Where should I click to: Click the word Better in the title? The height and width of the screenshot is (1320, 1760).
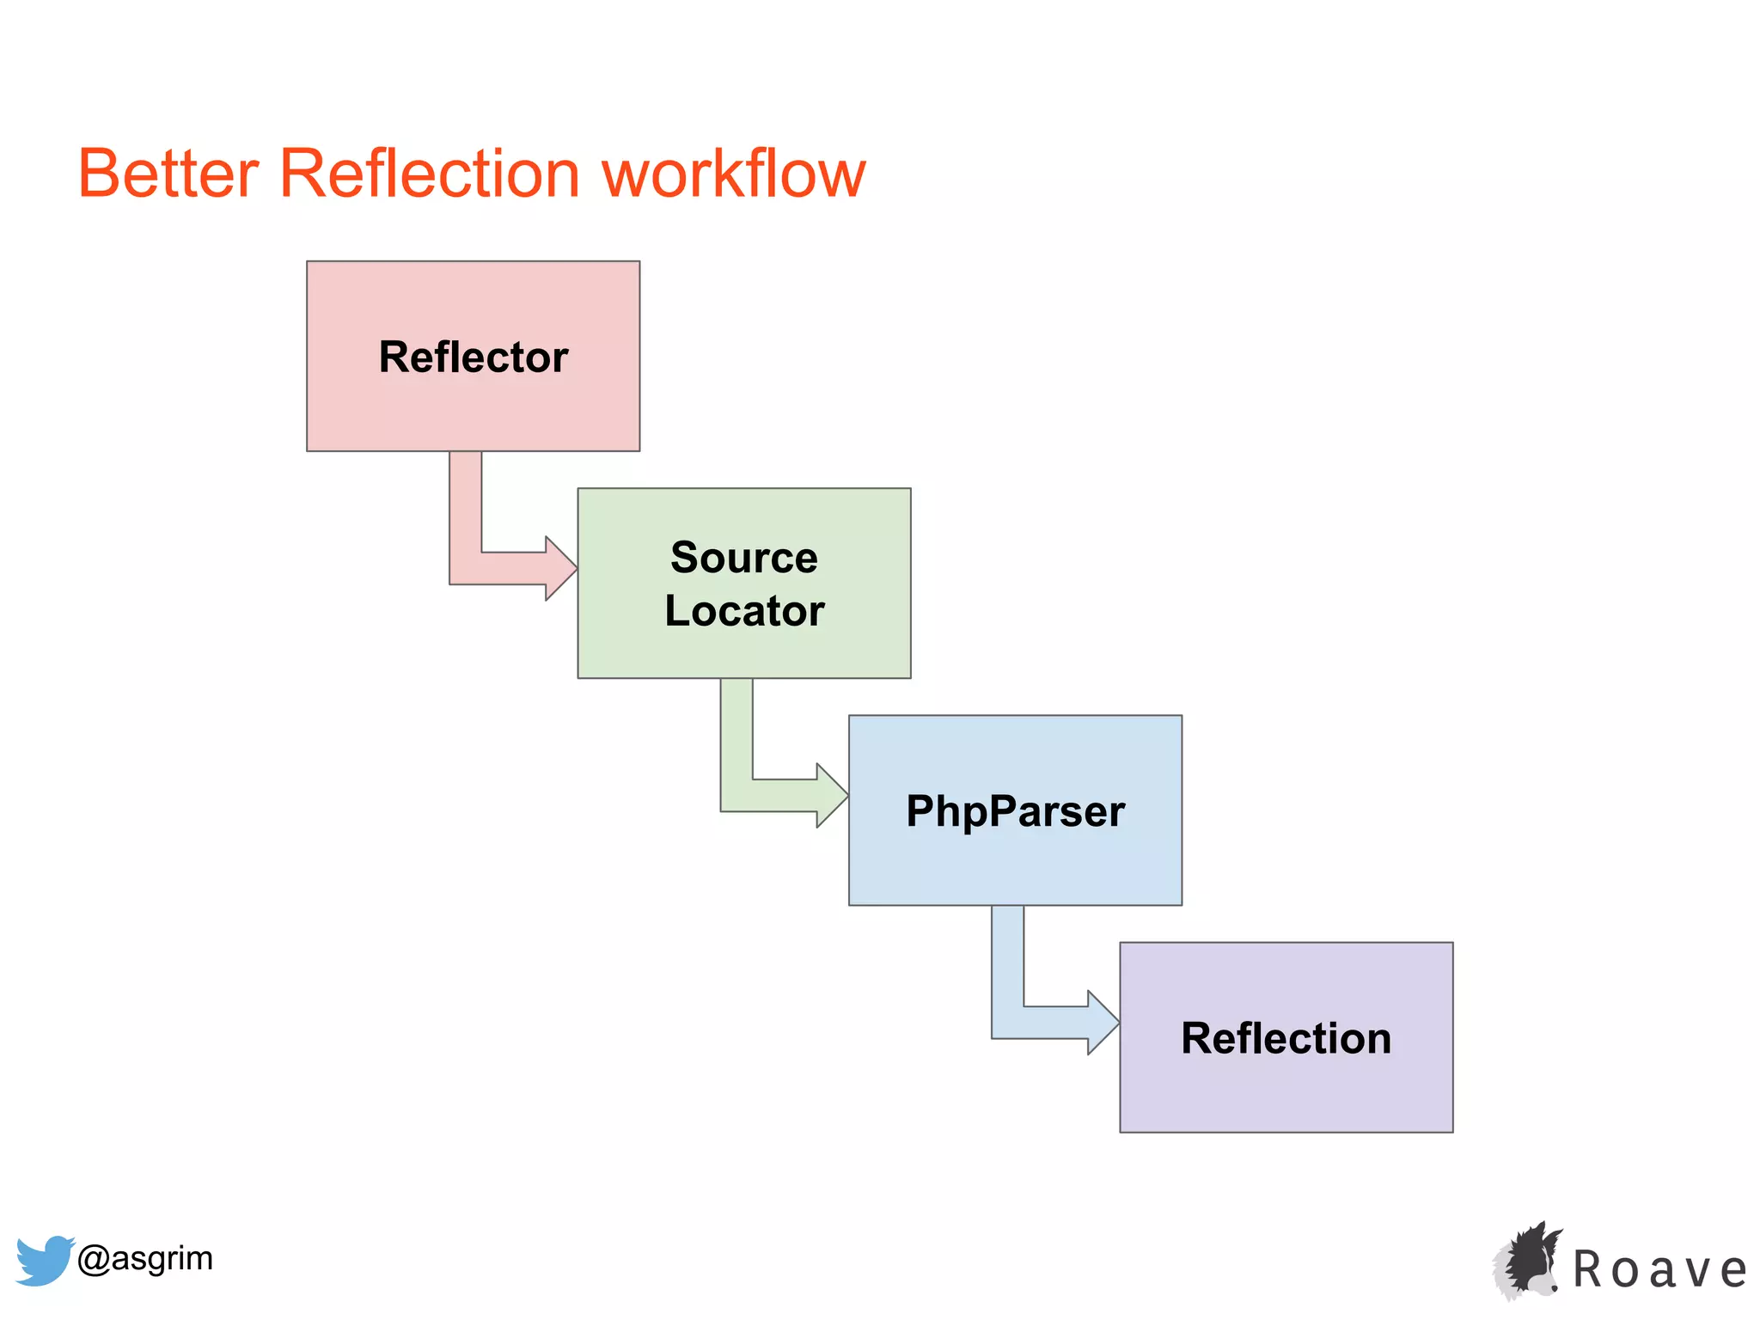tap(168, 174)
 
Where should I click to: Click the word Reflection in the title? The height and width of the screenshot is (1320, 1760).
tap(430, 174)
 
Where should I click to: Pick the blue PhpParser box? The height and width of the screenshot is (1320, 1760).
tap(1015, 868)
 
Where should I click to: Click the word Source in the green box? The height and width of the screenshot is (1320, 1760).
tap(744, 558)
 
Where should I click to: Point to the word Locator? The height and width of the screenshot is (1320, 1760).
tap(744, 611)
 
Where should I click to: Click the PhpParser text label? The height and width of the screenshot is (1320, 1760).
tap(1015, 811)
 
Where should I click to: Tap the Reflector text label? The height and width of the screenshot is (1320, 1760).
tap(473, 357)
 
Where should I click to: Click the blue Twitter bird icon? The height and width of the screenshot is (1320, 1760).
tap(43, 1260)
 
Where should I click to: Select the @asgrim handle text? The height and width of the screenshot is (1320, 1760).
tap(144, 1258)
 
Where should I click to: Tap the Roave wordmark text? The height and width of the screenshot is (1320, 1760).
tap(1659, 1270)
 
